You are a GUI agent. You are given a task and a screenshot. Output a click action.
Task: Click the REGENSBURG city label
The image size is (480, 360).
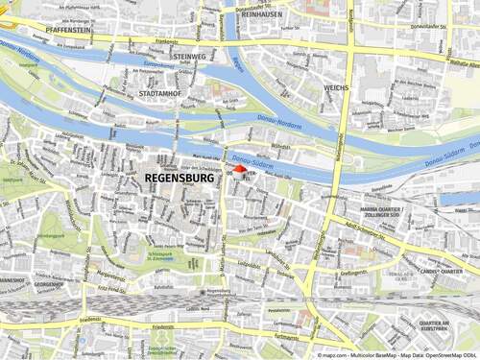180,179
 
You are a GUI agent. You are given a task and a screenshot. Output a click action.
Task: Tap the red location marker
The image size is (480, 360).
239,170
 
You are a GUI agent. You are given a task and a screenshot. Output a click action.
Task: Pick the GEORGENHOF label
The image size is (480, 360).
22,285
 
